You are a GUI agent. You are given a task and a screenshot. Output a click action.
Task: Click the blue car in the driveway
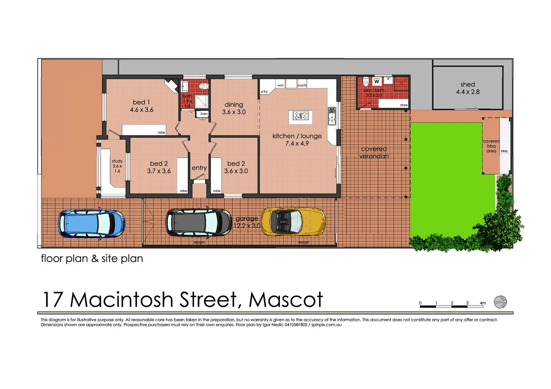[x=92, y=224]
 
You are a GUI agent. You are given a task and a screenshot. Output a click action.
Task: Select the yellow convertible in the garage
[x=293, y=222]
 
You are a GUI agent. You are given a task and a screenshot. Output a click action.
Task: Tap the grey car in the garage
[x=199, y=222]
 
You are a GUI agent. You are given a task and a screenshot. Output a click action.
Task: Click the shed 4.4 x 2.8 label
[x=468, y=88]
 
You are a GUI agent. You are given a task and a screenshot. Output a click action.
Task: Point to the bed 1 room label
[x=141, y=106]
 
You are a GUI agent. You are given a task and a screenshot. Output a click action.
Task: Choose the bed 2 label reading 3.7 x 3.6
[x=159, y=167]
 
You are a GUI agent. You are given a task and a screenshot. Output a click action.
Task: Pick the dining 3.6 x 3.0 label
[x=234, y=108]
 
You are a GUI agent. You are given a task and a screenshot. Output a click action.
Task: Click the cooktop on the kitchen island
[x=300, y=116]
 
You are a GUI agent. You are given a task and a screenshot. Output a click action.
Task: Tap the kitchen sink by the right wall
[x=331, y=116]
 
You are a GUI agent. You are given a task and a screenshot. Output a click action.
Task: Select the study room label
[x=117, y=166]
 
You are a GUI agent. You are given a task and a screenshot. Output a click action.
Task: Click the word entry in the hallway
[x=199, y=168]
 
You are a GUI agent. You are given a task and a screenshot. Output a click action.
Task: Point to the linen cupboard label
[x=204, y=114]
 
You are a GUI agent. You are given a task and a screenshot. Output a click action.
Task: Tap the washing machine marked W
[x=377, y=82]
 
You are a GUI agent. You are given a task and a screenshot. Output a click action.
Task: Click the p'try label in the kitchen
[x=264, y=92]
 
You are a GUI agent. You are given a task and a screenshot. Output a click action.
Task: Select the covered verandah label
[x=374, y=152]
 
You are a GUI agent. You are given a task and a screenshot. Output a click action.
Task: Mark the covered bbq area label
[x=491, y=146]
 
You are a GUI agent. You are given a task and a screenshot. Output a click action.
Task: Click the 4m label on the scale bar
[x=482, y=303]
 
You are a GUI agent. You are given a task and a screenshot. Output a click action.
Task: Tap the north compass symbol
[x=500, y=302]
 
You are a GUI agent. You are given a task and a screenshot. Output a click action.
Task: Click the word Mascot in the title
[x=286, y=300]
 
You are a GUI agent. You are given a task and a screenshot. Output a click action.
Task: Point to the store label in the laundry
[x=404, y=105]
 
